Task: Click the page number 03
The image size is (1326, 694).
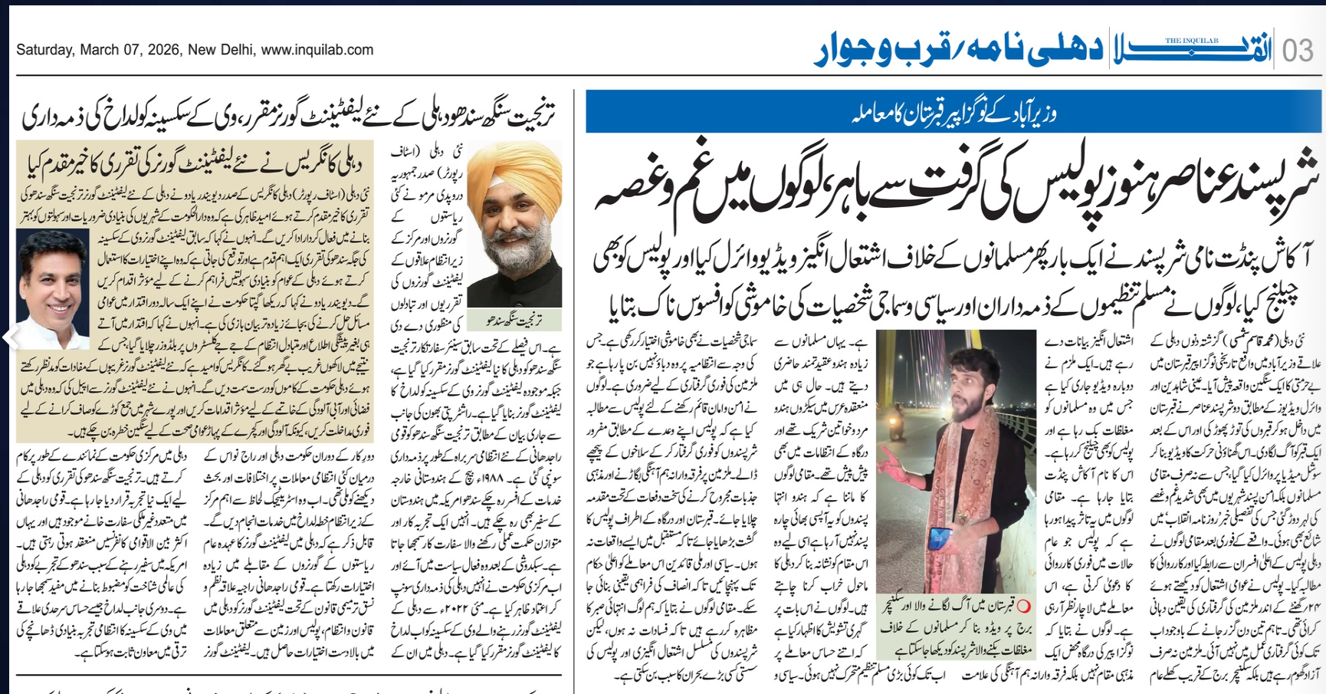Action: pyautogui.click(x=1298, y=51)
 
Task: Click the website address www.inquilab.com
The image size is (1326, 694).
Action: pyautogui.click(x=317, y=50)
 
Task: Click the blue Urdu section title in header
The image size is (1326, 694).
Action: pyautogui.click(x=958, y=50)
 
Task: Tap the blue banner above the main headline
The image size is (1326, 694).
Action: pyautogui.click(x=953, y=112)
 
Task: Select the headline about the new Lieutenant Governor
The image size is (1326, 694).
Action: pyautogui.click(x=288, y=115)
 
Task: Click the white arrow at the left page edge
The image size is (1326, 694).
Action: pyautogui.click(x=10, y=337)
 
